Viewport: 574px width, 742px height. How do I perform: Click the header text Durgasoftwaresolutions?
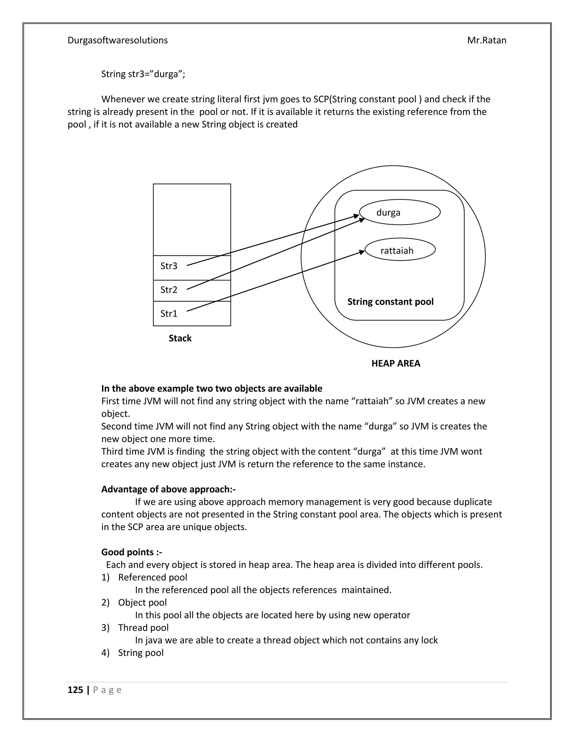(x=117, y=40)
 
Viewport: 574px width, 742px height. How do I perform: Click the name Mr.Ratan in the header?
(x=486, y=40)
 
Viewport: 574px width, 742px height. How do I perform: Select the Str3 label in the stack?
(x=169, y=266)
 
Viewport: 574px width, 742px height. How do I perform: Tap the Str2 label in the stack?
(x=169, y=290)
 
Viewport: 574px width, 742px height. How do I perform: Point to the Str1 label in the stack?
(x=169, y=314)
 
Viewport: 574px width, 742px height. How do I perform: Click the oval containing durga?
(x=400, y=212)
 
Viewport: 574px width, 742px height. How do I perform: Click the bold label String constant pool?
(x=390, y=302)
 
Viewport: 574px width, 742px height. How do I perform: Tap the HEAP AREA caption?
(x=395, y=363)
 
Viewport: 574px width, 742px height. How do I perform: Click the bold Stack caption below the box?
(x=180, y=339)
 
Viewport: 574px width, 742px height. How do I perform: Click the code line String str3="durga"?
(x=143, y=74)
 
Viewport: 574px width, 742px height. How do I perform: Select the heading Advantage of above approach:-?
(x=168, y=489)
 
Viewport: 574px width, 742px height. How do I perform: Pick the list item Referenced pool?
(x=152, y=577)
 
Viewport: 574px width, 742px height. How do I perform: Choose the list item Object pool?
(x=142, y=602)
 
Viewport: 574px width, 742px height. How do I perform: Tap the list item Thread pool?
(x=143, y=627)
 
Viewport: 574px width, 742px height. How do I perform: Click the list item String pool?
(x=140, y=653)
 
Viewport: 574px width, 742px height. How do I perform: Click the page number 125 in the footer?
(x=75, y=690)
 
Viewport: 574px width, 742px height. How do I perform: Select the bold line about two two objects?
(x=212, y=389)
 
